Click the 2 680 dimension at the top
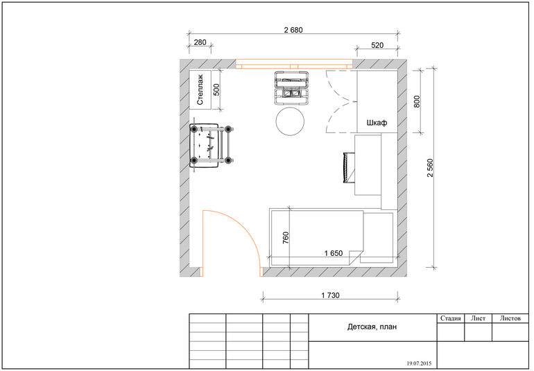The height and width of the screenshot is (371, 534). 293,30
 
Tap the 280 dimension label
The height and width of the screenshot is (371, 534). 200,42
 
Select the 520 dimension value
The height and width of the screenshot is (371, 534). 377,45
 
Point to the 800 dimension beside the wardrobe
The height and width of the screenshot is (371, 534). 417,101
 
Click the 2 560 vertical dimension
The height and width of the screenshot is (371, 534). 430,168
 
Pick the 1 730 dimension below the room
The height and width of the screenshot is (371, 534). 330,295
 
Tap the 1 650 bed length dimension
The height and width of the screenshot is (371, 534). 334,253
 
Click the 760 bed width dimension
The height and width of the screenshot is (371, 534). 286,237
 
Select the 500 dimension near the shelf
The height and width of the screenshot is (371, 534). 216,89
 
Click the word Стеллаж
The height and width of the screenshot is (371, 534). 200,89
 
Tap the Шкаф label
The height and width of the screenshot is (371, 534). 377,123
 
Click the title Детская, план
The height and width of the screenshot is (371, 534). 372,327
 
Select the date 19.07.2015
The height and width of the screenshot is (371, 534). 419,363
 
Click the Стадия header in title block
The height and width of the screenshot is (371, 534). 450,318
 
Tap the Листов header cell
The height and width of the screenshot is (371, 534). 510,318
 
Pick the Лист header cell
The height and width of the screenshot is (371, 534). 478,318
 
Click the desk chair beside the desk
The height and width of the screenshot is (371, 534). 348,168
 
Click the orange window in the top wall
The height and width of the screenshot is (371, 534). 294,64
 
